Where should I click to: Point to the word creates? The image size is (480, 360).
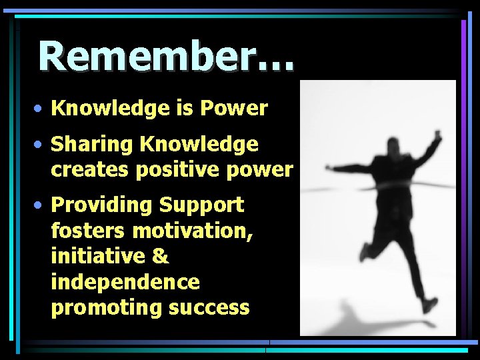[x=91, y=170]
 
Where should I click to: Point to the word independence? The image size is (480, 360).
[x=125, y=282]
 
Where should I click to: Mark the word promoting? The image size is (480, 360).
[x=107, y=308]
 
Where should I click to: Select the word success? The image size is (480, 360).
[x=209, y=308]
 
